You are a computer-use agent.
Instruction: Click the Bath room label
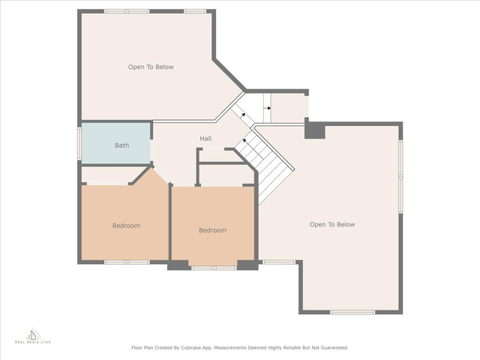click(121, 145)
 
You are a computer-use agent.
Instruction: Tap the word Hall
click(205, 138)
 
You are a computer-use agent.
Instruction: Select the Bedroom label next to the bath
click(126, 226)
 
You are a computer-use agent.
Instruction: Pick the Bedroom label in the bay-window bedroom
click(213, 230)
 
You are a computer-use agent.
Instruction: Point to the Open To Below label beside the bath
click(151, 67)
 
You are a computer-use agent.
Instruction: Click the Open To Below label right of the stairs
click(332, 224)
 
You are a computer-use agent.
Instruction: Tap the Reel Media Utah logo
click(33, 336)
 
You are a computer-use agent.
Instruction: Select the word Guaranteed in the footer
click(335, 348)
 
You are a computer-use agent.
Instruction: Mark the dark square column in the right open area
click(315, 131)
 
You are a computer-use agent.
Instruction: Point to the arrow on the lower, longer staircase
click(244, 140)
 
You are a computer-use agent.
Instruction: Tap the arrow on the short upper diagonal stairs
click(243, 115)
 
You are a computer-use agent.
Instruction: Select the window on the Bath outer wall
click(79, 143)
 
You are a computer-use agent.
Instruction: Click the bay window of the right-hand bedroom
click(214, 268)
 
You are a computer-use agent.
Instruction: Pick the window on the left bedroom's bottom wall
click(127, 262)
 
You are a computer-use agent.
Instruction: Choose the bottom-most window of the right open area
click(352, 312)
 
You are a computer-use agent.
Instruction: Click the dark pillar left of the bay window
click(178, 265)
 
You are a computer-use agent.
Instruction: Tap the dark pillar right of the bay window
click(248, 265)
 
